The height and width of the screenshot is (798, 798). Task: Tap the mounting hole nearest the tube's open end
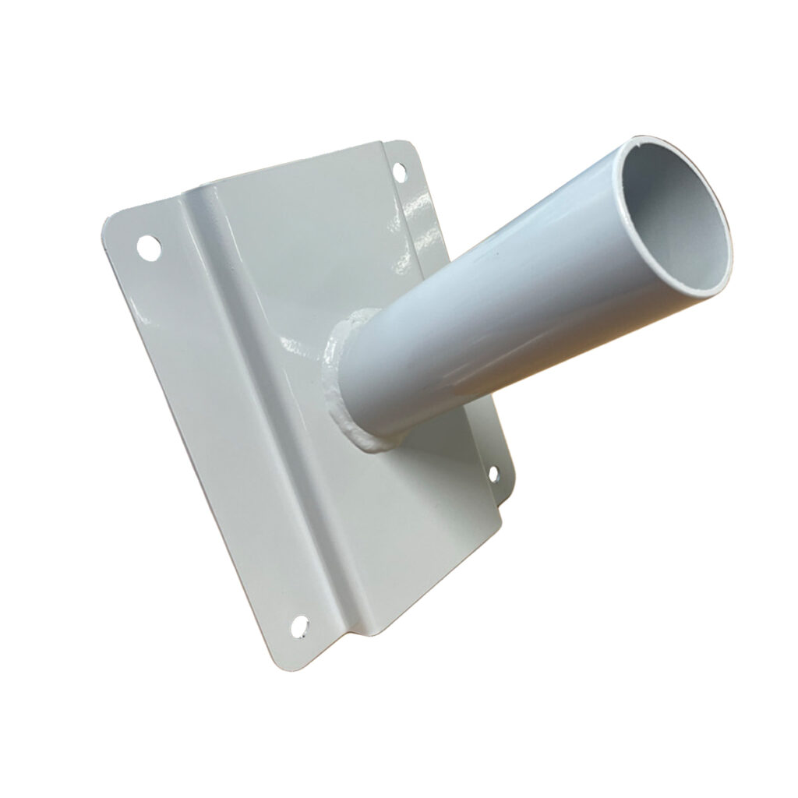tap(399, 170)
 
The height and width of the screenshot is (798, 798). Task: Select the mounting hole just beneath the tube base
tap(493, 473)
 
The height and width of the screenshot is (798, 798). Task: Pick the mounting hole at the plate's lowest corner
tap(299, 623)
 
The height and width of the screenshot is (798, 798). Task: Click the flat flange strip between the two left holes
tap(210, 436)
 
